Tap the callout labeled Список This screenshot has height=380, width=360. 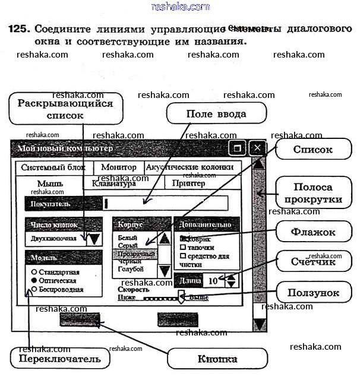click(x=312, y=150)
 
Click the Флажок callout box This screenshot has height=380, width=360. click(x=312, y=232)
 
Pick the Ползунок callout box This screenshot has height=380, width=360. click(x=313, y=292)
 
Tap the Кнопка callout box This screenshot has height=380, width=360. click(x=217, y=359)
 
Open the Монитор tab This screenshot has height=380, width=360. click(x=119, y=167)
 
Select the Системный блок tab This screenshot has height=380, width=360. click(x=53, y=167)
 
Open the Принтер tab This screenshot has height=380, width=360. click(x=188, y=183)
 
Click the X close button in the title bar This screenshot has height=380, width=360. click(x=257, y=148)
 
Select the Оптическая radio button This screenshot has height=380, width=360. click(x=34, y=280)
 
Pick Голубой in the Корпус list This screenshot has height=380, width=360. click(x=131, y=269)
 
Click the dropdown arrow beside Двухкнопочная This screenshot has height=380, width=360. click(x=94, y=239)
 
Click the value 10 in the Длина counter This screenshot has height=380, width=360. click(x=213, y=280)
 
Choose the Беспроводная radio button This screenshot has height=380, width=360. click(x=34, y=290)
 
